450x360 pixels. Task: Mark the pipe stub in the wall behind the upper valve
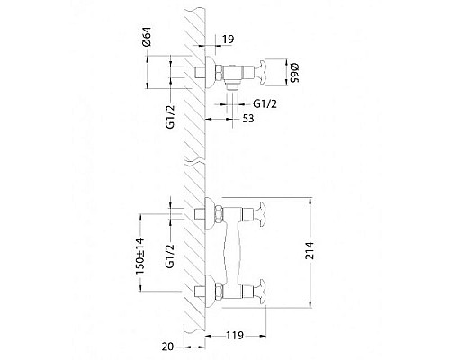pyautogui.click(x=197, y=70)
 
